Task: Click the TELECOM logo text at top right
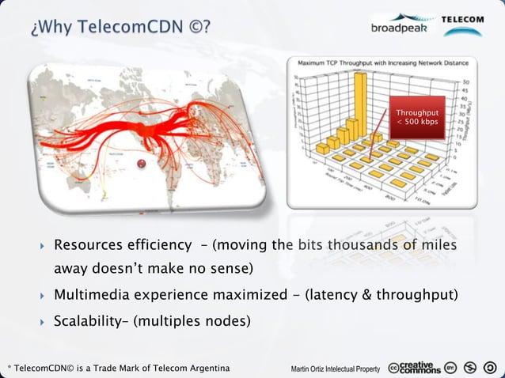[x=463, y=20]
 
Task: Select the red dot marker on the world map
[x=142, y=164]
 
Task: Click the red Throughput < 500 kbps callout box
[x=416, y=118]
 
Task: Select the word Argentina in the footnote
[x=208, y=369]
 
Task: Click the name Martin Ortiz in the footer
[x=309, y=369]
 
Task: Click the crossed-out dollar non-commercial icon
[x=471, y=369]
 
